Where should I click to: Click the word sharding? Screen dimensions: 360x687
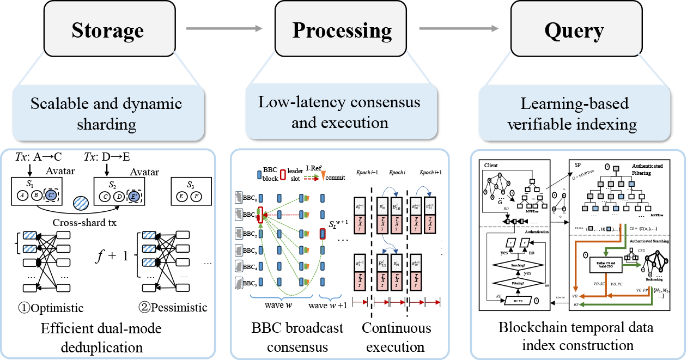coord(107,125)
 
